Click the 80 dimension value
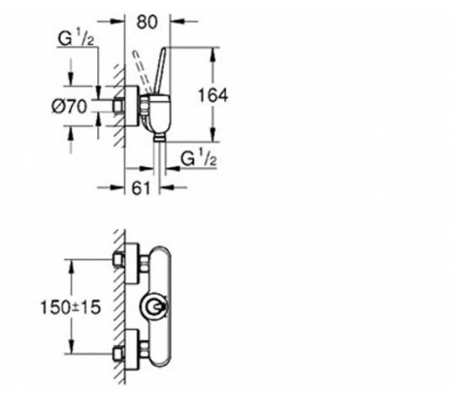pos(147,22)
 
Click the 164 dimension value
pos(213,95)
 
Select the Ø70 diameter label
pos(69,107)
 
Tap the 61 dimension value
pos(141,188)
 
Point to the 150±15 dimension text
pos(71,307)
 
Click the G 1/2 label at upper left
pos(76,39)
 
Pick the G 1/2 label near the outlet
pos(198,159)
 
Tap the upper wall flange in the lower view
pos(132,263)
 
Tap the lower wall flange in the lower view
pos(132,349)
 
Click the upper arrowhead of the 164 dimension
pos(213,55)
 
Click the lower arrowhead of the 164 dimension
pos(213,134)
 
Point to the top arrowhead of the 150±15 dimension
pos(71,266)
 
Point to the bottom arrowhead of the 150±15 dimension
pos(71,346)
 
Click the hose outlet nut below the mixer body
pos(160,137)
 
